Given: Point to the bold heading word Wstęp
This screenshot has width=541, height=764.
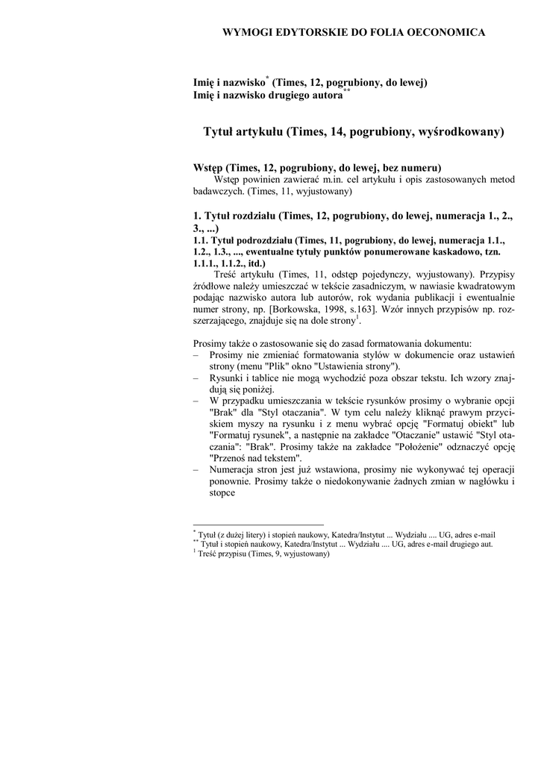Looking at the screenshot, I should point(208,168).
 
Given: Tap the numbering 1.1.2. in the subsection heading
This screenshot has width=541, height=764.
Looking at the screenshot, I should point(238,263).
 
